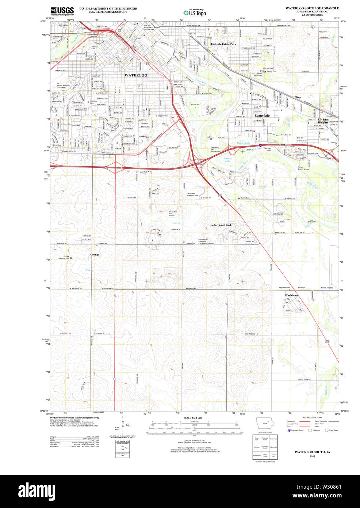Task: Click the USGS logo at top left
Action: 62,11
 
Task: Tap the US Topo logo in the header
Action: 195,12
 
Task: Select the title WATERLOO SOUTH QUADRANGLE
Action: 312,8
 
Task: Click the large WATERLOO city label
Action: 136,75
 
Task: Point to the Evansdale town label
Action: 262,115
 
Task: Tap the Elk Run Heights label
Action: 323,121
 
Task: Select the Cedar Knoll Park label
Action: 221,225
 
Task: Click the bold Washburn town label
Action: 291,295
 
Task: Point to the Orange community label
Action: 95,255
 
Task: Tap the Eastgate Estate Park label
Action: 223,44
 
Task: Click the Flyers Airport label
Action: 327,288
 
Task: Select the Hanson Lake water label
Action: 227,159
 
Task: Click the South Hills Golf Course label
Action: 173,213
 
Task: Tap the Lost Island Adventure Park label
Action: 192,194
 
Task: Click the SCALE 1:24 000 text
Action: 193,418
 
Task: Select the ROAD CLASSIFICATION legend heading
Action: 312,417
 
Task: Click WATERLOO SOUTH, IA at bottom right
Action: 312,452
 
